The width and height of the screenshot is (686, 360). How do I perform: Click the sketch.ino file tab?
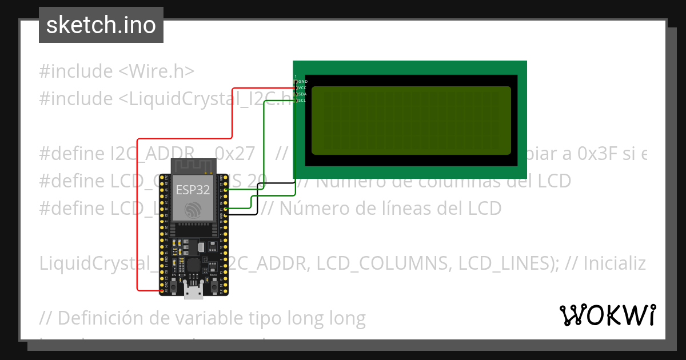click(101, 25)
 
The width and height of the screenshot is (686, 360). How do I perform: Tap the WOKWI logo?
click(607, 315)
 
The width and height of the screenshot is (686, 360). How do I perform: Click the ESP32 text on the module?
click(192, 190)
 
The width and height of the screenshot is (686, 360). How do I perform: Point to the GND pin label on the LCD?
click(303, 82)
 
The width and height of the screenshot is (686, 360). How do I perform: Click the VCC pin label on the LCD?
click(303, 88)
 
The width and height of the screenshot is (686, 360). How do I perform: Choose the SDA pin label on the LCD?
click(303, 94)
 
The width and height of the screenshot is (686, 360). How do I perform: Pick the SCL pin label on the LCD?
click(302, 101)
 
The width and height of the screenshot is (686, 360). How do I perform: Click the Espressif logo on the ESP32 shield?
click(193, 210)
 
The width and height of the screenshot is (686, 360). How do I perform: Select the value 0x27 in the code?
click(234, 154)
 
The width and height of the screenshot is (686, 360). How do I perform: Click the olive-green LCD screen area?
click(410, 120)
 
